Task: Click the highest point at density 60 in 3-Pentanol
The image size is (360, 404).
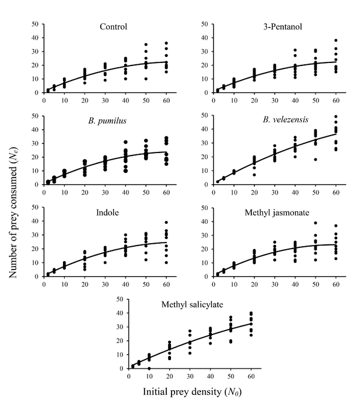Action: (336, 40)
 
